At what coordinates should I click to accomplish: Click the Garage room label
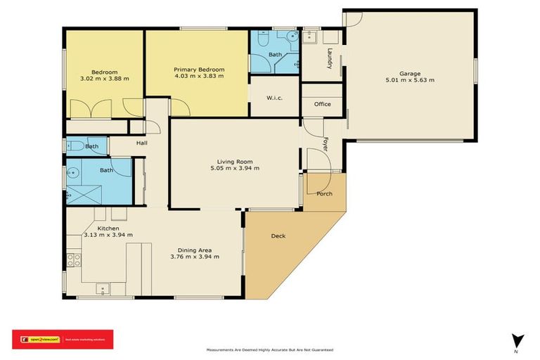410,73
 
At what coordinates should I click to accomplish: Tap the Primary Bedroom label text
199,69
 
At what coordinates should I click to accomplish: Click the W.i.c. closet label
274,98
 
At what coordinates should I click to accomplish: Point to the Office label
322,104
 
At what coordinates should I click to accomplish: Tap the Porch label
324,193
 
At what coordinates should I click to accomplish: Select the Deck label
278,236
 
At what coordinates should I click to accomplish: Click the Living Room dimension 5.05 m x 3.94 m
235,168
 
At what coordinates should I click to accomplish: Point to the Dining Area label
195,250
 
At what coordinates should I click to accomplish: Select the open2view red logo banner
62,339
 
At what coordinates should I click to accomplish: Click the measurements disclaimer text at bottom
269,349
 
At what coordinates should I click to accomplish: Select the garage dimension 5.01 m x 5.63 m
410,80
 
